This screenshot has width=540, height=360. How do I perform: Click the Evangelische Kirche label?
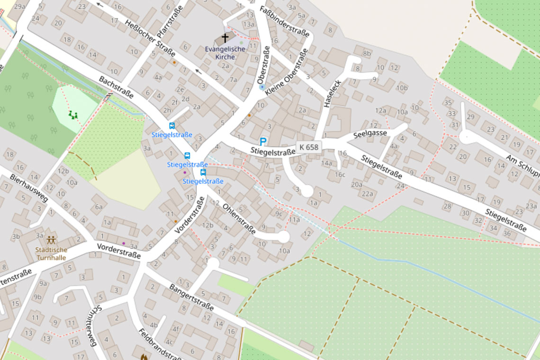225,53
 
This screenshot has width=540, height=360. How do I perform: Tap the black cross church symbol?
225,38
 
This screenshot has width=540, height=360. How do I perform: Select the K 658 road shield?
309,147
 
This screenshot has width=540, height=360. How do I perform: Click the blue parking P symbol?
262,141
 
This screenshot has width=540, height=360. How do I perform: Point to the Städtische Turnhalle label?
51,253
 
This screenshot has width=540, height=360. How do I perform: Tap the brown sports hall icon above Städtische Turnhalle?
51,240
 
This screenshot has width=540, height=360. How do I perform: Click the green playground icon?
72,115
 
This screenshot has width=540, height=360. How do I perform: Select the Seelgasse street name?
370,134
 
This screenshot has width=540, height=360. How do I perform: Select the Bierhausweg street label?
28,188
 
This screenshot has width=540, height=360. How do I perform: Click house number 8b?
367,54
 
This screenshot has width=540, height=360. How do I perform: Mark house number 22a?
367,193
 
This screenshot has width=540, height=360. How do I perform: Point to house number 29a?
19,6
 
